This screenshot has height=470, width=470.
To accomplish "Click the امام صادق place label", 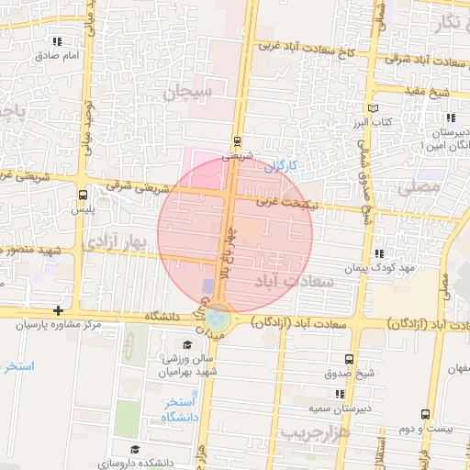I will [61, 55].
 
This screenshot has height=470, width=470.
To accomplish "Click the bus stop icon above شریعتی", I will [238, 141].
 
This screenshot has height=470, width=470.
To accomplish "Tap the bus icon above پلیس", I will [83, 195].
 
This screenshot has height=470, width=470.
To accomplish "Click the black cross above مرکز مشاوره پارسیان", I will [59, 311].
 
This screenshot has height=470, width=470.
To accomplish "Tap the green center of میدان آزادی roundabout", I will [218, 319].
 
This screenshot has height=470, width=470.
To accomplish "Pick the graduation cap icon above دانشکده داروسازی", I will [135, 449].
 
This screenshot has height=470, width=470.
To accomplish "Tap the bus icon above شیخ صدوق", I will [348, 359].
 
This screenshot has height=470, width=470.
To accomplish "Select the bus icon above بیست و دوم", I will [425, 414].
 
